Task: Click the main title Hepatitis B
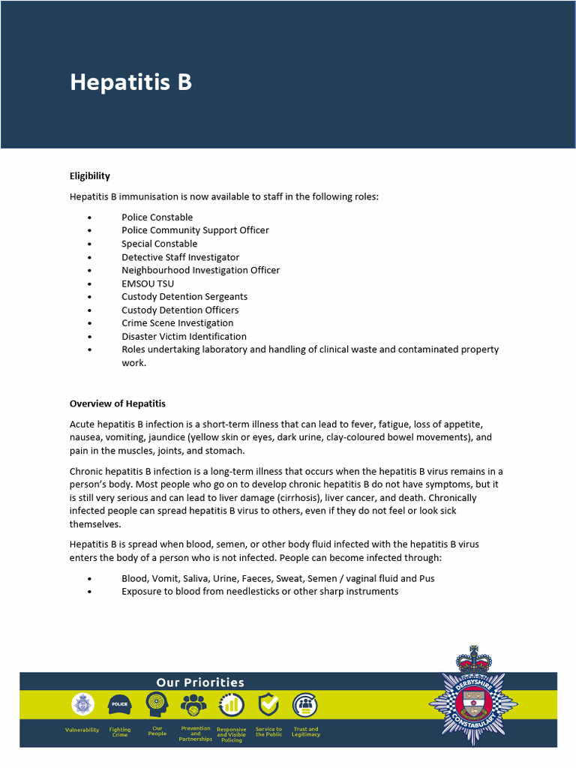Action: click(130, 82)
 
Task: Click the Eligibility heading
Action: click(90, 176)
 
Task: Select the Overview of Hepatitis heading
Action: click(118, 403)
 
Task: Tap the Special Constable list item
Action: click(159, 244)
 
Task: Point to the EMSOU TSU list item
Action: click(148, 283)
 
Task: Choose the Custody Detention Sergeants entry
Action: click(184, 297)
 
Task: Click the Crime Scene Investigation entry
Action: click(177, 323)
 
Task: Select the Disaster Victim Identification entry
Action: click(184, 337)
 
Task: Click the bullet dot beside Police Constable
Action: click(89, 217)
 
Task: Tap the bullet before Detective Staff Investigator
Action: click(89, 257)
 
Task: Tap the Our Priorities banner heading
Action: click(200, 682)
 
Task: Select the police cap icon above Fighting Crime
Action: click(119, 705)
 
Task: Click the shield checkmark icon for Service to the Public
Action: click(268, 705)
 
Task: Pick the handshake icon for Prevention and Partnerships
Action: click(194, 705)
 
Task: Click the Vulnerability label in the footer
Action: click(82, 730)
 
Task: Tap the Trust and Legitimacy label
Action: click(305, 732)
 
